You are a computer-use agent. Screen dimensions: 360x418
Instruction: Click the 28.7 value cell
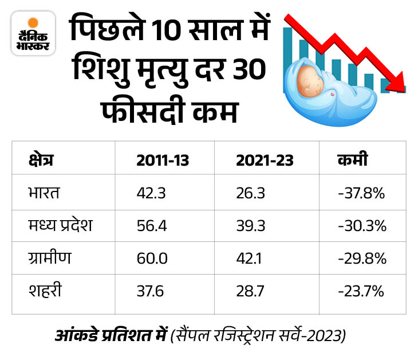250,291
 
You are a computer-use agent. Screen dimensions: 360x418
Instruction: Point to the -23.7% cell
361,291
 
